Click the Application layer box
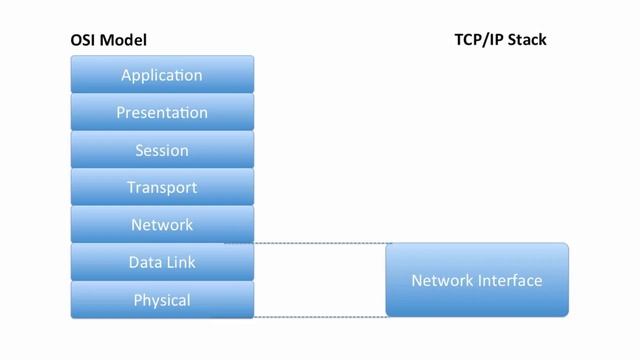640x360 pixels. click(162, 75)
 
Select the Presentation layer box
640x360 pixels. click(162, 113)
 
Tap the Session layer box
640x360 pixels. click(162, 150)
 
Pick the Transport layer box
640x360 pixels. click(162, 187)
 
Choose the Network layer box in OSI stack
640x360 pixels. click(162, 225)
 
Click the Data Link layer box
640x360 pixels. click(162, 262)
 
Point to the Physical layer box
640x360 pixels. click(162, 299)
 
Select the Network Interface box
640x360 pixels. click(477, 280)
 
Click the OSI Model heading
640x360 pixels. click(108, 42)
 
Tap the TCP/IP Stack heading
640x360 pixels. click(500, 42)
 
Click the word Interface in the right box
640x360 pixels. click(509, 281)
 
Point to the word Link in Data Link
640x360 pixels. click(180, 262)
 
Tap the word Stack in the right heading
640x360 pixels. click(527, 42)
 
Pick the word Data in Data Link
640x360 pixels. click(144, 262)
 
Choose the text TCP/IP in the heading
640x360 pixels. click(477, 42)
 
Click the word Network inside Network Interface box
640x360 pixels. click(441, 281)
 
